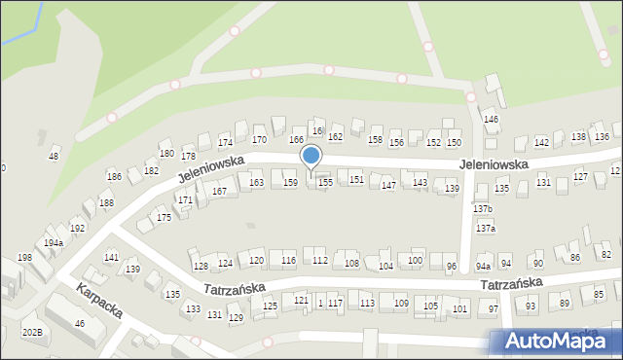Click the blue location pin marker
311,157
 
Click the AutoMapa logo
557,341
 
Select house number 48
54,157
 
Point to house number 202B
32,333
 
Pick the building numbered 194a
54,243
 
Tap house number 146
492,120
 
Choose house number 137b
483,209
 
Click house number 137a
485,229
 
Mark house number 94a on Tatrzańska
483,266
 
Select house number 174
225,143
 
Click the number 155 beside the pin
326,182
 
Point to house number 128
201,267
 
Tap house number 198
24,258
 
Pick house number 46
80,323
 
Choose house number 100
415,261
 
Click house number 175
164,218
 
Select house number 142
541,143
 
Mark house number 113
367,304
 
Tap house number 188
106,202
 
